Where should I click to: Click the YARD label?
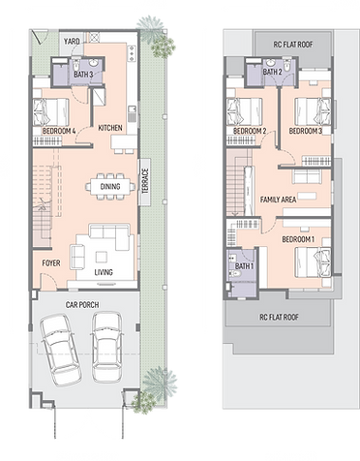coord(72,42)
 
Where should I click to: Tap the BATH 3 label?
coord(83,75)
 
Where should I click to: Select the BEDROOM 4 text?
coord(59,131)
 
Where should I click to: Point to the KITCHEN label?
coord(110,128)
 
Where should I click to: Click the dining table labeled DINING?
coord(110,187)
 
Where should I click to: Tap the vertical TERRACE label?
coord(145,181)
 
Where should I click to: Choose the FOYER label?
coord(51,263)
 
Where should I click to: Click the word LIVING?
coord(104,272)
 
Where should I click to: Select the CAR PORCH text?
coord(82,305)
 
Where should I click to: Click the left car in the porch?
coord(61,350)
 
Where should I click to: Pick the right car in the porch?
coord(107,347)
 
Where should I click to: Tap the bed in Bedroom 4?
coord(51,112)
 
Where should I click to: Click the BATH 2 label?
coord(272,72)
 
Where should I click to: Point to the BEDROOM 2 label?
coord(250,131)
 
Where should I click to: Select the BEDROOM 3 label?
coord(306,131)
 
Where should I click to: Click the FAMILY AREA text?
coord(278,200)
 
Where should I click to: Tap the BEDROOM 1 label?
coord(298,239)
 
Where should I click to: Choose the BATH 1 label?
coord(244,266)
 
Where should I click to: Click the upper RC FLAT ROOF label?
coord(293,45)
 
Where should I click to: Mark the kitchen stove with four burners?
coord(132,53)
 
